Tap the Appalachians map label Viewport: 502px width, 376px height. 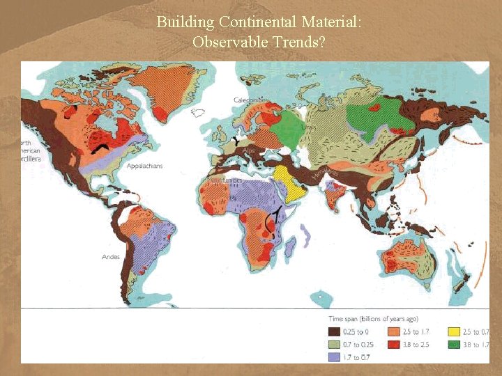(x=145, y=166)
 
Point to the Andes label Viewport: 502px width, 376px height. (x=111, y=257)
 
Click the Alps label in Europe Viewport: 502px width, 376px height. (x=248, y=149)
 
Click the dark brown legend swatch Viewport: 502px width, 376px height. (x=335, y=331)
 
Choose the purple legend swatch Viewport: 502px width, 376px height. (x=335, y=357)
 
